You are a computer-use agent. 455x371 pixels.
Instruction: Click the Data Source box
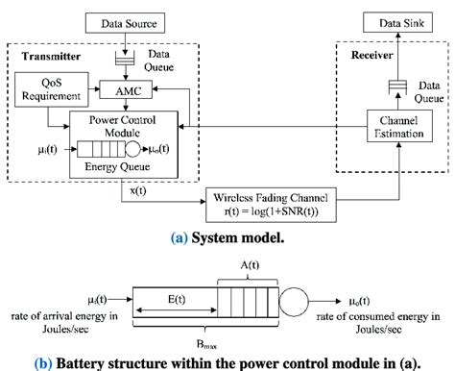pyautogui.click(x=126, y=19)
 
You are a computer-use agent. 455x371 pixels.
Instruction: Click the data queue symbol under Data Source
pyautogui.click(x=125, y=60)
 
